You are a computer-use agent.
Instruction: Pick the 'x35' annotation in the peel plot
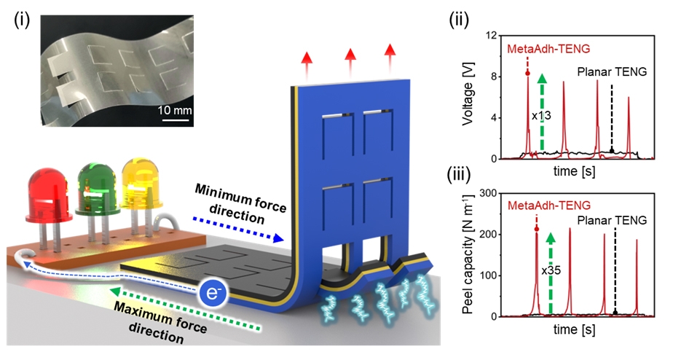552,269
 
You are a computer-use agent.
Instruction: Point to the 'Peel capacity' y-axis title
473,251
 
